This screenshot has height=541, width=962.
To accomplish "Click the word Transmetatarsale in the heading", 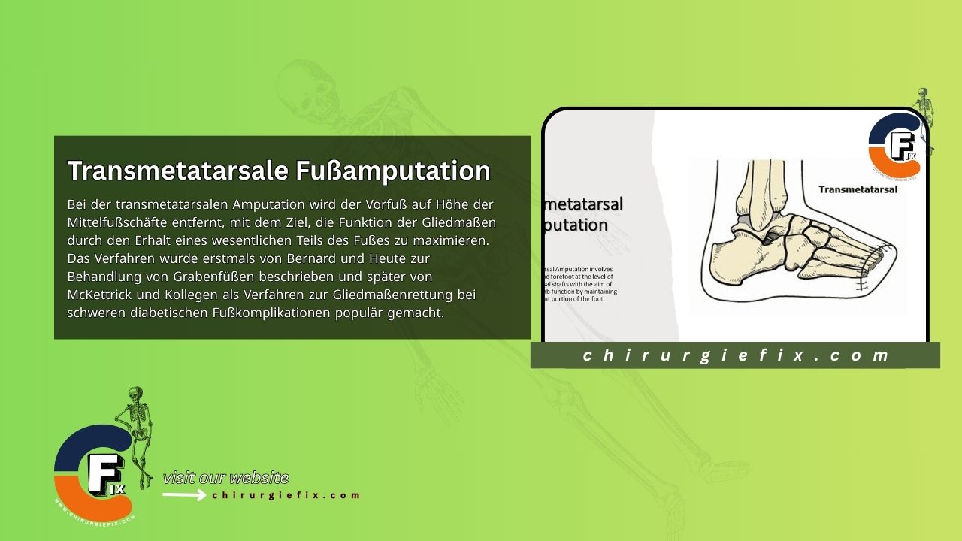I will tap(177, 171).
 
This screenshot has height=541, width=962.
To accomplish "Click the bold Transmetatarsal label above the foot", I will tap(858, 189).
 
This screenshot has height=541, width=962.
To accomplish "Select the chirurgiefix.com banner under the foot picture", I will tap(735, 355).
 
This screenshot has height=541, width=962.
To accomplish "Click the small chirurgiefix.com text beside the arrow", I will tap(286, 495).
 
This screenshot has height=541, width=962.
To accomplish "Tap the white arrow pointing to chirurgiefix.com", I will tap(184, 495).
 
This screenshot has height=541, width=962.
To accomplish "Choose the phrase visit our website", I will tap(225, 478).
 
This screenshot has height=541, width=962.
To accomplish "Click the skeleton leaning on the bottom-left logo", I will tap(137, 425).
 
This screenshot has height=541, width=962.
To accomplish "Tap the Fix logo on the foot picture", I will tap(895, 146).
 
